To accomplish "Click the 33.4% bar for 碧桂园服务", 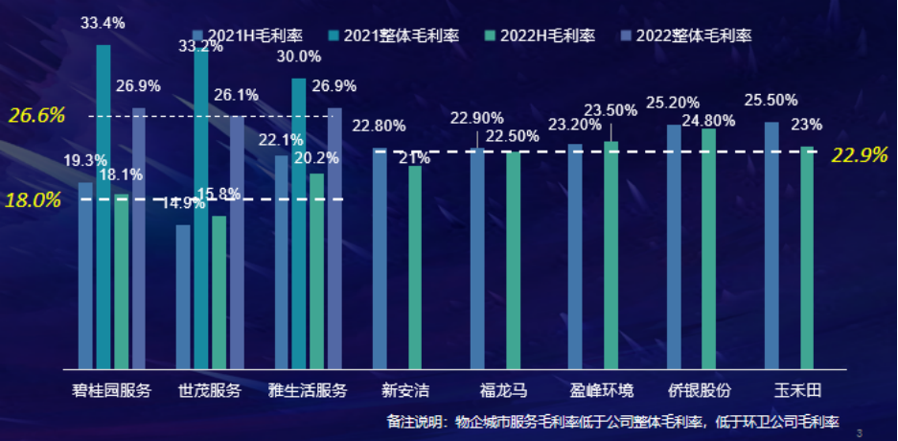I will click(104, 206).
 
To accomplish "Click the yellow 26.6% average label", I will click(37, 116).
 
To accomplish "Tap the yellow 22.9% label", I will click(860, 155).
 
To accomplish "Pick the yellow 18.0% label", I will click(34, 200).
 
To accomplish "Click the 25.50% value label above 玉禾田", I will click(772, 100).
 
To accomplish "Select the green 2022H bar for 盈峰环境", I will click(611, 255).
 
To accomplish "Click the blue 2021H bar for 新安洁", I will click(380, 258).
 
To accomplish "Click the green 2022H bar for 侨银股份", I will click(709, 248).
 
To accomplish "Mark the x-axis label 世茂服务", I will click(210, 390).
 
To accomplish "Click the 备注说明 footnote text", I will click(612, 421).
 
